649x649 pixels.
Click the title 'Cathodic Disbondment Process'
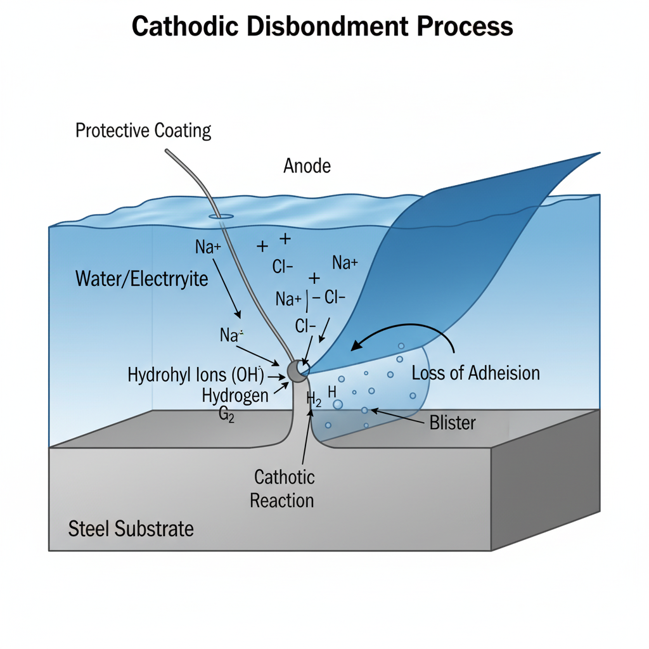[x=322, y=27]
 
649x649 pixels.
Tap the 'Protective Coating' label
[x=143, y=131]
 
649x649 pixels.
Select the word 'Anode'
[x=307, y=166]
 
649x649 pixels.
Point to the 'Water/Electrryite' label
[x=141, y=278]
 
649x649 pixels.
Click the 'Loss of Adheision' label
[x=475, y=373]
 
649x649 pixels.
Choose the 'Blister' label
[x=452, y=422]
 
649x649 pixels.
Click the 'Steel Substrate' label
[x=131, y=529]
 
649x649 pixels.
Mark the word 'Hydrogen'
[x=235, y=395]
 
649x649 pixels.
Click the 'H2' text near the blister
[x=314, y=399]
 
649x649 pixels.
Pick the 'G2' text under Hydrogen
[x=227, y=417]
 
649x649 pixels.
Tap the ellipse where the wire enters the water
[x=220, y=217]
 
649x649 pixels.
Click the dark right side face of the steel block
[x=545, y=475]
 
